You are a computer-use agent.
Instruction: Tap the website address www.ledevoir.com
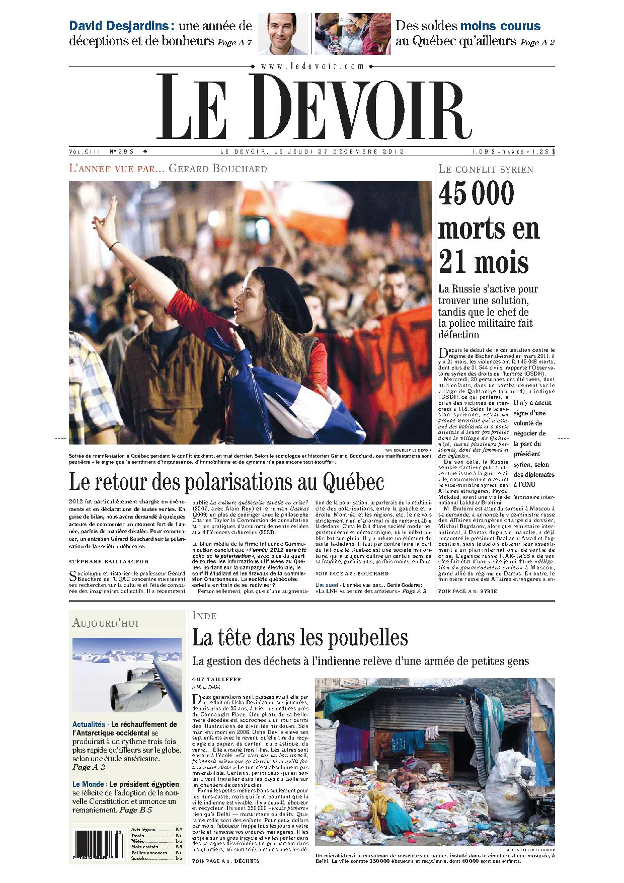pos(312,66)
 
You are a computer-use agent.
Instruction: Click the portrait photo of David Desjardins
pos(283,33)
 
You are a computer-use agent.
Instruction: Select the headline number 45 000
pos(470,193)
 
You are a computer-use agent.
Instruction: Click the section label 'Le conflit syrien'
pos(486,170)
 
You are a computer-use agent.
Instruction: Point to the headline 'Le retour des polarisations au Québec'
pos(226,482)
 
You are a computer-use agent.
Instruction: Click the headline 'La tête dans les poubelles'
pos(300,638)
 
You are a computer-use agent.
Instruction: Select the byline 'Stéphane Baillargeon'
pos(109,561)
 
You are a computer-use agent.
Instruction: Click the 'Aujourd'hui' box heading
pos(105,623)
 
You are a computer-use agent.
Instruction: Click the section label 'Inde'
pos(204,616)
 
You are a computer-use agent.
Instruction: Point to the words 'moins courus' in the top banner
pos(500,26)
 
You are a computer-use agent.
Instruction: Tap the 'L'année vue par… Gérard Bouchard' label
pos(168,169)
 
